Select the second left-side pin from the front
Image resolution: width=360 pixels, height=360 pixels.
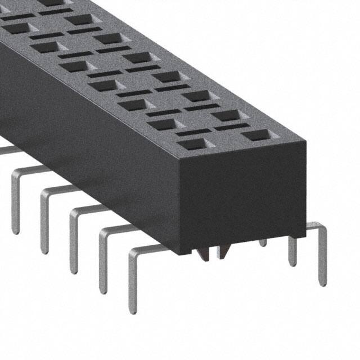103,264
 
